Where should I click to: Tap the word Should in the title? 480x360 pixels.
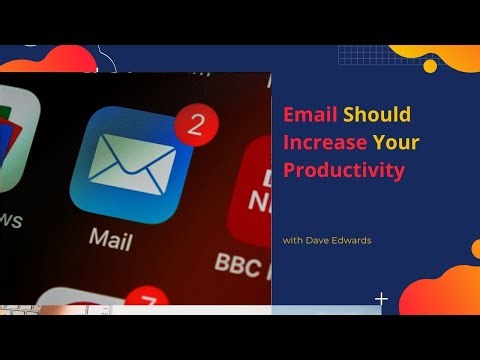point(377,114)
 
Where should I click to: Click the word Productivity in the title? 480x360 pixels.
point(344,170)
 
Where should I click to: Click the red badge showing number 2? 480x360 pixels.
point(196,125)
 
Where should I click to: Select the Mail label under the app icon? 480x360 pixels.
point(110,238)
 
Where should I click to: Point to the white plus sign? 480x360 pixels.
point(381,298)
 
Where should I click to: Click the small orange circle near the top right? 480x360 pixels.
point(430,66)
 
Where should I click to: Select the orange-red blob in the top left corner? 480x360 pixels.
point(55,59)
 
